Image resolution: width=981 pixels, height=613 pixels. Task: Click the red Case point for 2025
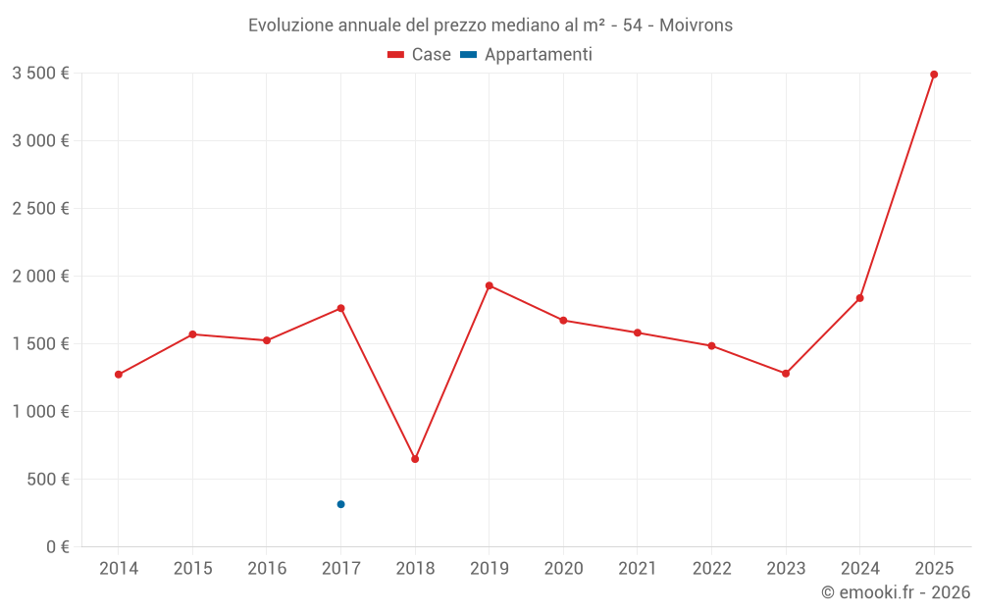pos(934,75)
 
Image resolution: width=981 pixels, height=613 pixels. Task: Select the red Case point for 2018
pos(415,459)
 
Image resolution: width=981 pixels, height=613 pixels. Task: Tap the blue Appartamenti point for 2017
pos(340,504)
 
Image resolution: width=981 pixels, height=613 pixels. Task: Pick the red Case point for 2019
pos(490,285)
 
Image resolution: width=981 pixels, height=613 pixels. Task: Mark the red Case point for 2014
pos(119,375)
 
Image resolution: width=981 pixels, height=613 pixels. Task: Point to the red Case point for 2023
pos(786,374)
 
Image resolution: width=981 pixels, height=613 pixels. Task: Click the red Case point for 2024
pos(860,298)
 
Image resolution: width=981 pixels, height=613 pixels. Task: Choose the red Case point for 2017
pos(340,308)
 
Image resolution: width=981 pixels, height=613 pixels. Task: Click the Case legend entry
pos(420,55)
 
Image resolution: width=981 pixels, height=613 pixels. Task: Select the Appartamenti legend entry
pos(526,55)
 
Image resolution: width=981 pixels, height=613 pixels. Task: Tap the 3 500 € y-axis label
pos(40,74)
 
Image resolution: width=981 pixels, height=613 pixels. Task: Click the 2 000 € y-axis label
pos(40,277)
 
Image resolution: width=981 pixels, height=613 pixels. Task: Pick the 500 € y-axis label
pos(47,480)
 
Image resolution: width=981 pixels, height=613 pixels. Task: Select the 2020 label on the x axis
pos(563,569)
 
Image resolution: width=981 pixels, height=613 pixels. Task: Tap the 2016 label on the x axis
pos(267,569)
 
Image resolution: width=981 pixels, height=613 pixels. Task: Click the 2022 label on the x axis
pos(711,569)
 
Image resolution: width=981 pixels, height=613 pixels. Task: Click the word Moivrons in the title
pos(696,26)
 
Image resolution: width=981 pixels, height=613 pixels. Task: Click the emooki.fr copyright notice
pos(896,592)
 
